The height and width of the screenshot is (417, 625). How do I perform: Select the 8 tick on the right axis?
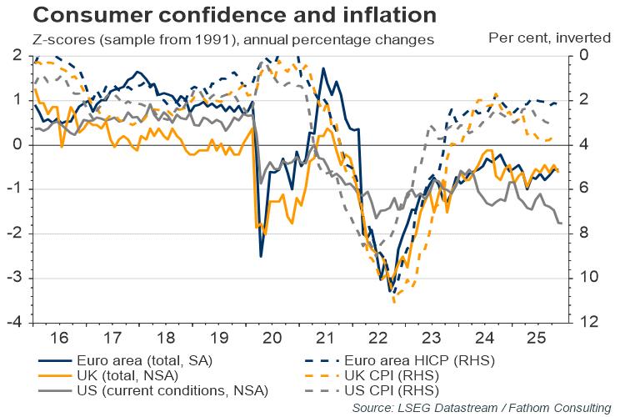tap(582, 234)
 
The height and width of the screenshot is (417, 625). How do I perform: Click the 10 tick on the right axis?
tap(586, 278)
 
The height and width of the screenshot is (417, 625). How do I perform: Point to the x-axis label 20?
tap(272, 339)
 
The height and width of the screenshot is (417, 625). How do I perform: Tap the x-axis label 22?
tap(377, 339)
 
